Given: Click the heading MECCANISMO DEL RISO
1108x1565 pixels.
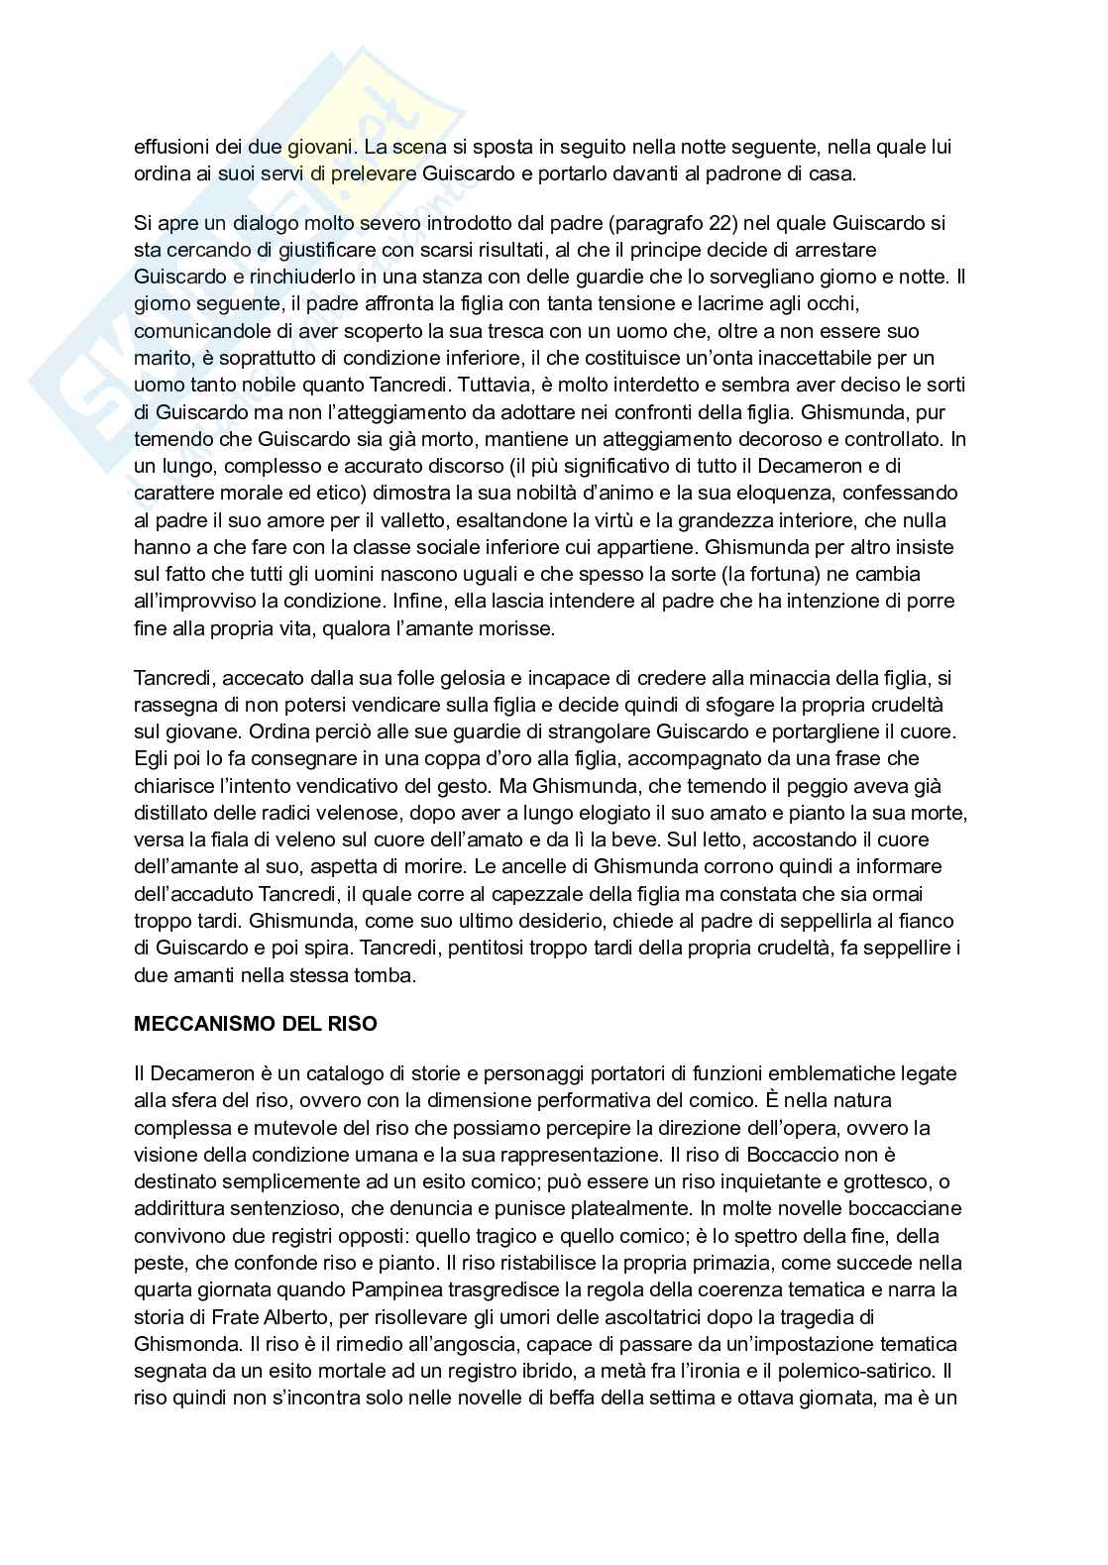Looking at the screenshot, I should [x=255, y=1024].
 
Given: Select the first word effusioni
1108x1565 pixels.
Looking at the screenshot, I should [x=172, y=147].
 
